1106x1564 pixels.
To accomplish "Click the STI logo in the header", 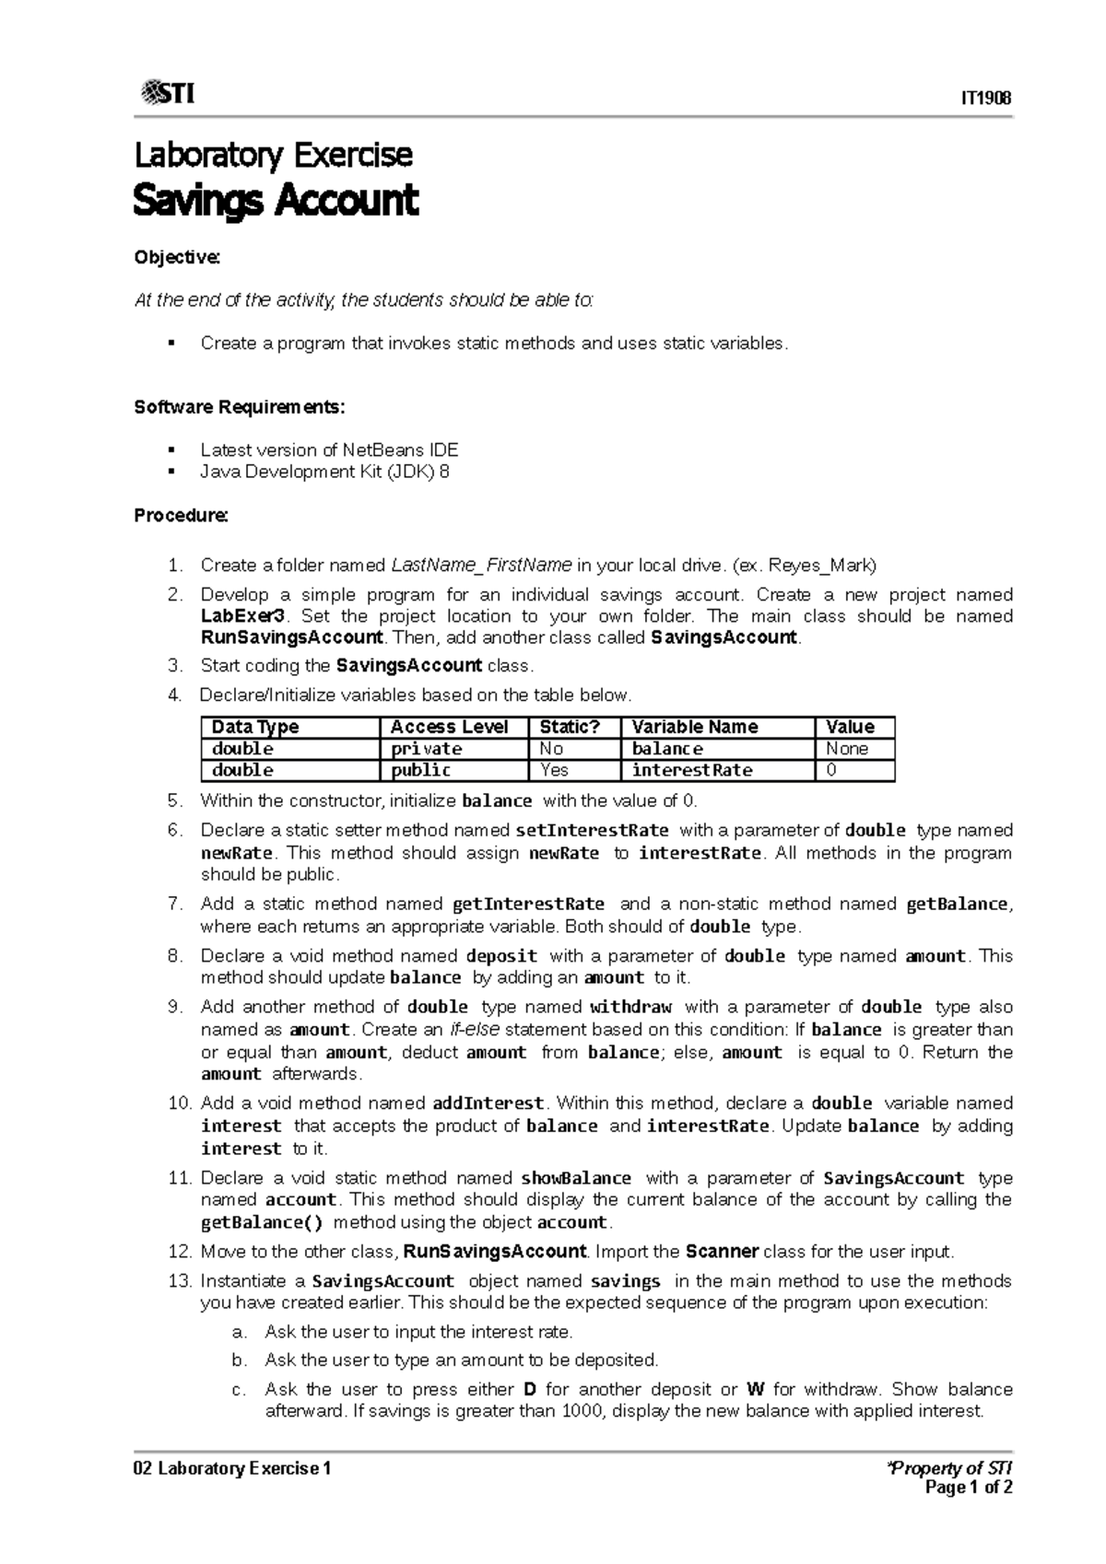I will click(x=167, y=93).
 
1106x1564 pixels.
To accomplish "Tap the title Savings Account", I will click(x=276, y=200).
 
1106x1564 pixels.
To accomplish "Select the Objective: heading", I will click(x=177, y=257).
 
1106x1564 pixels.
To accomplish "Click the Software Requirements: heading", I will click(x=240, y=407).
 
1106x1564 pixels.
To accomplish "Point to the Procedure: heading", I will click(x=181, y=515).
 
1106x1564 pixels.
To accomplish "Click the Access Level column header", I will click(x=450, y=727).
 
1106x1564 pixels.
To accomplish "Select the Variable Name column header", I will click(x=694, y=727).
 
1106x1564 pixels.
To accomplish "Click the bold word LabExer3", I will click(x=243, y=616).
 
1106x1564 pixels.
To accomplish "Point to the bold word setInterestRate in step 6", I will click(x=592, y=830).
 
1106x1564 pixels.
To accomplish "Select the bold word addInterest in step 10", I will click(x=488, y=1103).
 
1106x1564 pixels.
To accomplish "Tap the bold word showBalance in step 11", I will click(x=576, y=1178).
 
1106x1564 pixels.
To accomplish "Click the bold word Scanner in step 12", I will click(x=722, y=1251).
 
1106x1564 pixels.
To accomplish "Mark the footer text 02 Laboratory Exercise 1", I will click(x=231, y=1468).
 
